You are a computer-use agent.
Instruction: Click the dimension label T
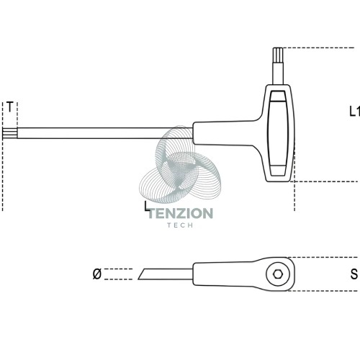9,107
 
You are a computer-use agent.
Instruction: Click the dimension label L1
354,112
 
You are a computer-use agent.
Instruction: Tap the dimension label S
354,274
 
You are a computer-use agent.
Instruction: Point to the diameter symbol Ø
97,274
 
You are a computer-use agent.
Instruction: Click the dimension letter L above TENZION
147,207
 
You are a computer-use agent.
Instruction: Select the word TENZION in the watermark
181,213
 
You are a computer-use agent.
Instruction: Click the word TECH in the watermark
180,225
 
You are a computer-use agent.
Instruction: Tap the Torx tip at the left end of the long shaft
10,133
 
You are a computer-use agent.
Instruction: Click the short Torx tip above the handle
278,55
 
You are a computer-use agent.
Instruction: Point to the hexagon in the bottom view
278,274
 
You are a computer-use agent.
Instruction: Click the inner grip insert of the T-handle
278,133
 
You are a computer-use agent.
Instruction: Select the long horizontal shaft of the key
104,133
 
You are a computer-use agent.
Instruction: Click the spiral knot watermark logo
180,166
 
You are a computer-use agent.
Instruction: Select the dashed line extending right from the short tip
319,48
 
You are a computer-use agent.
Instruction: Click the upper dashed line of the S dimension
323,258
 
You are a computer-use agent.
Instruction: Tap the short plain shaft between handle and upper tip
278,74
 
